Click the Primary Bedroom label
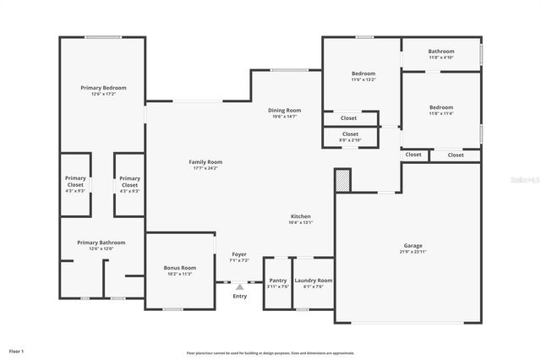tap(103, 88)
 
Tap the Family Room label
tap(205, 161)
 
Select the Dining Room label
tap(284, 110)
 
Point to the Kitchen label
tap(301, 216)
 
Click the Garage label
tap(413, 246)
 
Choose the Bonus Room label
tap(179, 268)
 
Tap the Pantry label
tap(277, 280)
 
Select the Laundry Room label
tap(313, 280)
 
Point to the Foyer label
tap(239, 254)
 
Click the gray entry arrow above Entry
tap(239, 287)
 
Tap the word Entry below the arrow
tap(240, 296)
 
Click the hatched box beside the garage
tap(342, 180)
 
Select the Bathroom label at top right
tap(440, 52)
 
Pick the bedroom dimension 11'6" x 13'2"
tap(363, 80)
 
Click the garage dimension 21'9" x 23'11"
tap(413, 252)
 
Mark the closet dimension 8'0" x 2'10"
tap(350, 140)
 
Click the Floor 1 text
tap(17, 350)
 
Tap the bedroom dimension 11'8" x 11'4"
tap(440, 114)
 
